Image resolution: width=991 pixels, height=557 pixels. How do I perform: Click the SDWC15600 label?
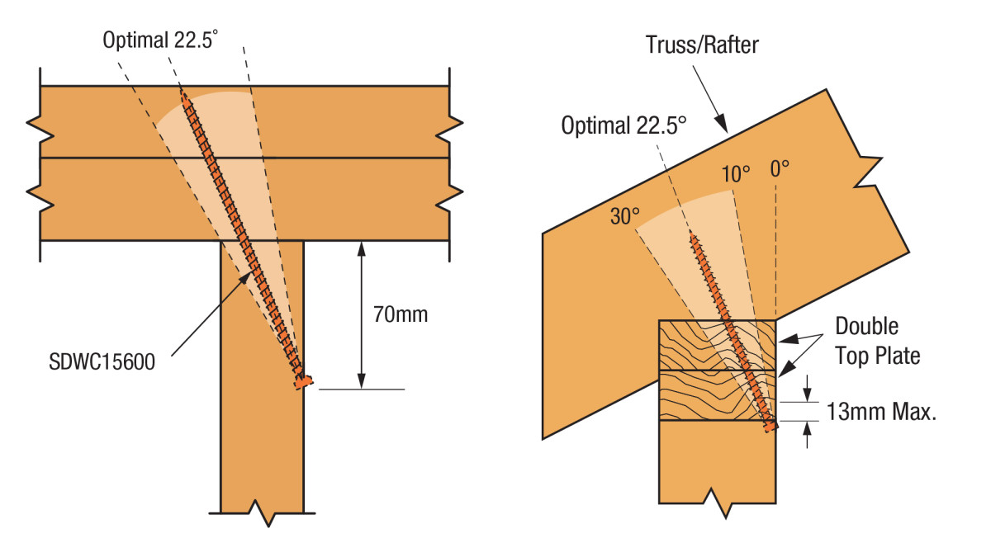tap(102, 361)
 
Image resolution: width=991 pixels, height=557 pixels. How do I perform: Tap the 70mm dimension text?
tap(401, 314)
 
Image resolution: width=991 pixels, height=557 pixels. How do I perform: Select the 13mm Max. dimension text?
tap(881, 412)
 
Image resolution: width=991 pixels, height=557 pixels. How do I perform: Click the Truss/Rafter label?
tap(702, 45)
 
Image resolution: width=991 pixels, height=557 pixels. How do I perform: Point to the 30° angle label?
tap(624, 216)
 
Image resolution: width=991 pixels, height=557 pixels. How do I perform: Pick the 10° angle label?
tap(736, 174)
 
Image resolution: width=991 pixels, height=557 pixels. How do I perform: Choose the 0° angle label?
tap(780, 169)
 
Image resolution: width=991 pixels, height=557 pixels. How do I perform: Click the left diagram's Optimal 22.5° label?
tap(160, 40)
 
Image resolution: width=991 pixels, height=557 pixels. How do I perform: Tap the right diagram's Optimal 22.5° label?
tap(624, 125)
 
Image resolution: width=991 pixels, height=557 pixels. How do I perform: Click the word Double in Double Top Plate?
tap(866, 326)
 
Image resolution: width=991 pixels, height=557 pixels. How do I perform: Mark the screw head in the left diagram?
tap(304, 381)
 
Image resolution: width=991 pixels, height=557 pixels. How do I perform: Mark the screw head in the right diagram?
tap(771, 426)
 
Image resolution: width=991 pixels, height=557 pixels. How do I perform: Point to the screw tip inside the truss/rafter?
tap(692, 234)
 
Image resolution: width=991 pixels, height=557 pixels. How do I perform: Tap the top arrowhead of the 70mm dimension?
tap(362, 249)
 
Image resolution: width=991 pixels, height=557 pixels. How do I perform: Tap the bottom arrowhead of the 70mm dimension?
tap(362, 381)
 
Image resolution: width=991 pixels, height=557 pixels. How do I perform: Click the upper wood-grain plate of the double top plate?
tap(717, 345)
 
